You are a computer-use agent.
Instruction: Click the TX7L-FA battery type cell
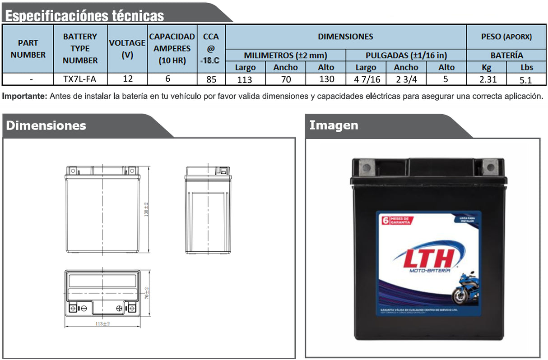pyautogui.click(x=80, y=79)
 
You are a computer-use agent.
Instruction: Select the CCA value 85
pyautogui.click(x=211, y=79)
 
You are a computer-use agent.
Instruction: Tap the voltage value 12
pyautogui.click(x=128, y=79)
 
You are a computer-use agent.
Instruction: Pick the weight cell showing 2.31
pyautogui.click(x=487, y=79)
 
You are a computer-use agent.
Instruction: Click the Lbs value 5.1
pyautogui.click(x=526, y=79)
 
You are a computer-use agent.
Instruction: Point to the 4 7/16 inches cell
pyautogui.click(x=366, y=79)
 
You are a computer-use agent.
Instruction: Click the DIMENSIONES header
pyautogui.click(x=345, y=36)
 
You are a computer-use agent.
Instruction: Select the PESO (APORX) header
pyautogui.click(x=506, y=37)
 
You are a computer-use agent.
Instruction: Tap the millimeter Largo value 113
pyautogui.click(x=245, y=79)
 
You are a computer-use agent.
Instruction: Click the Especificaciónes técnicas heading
pyautogui.click(x=84, y=16)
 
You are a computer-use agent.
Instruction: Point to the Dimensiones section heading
pyautogui.click(x=46, y=125)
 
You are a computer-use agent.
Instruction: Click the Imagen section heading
pyautogui.click(x=334, y=125)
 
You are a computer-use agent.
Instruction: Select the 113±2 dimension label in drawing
pyautogui.click(x=103, y=324)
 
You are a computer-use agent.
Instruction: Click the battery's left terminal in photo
pyautogui.click(x=367, y=169)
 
